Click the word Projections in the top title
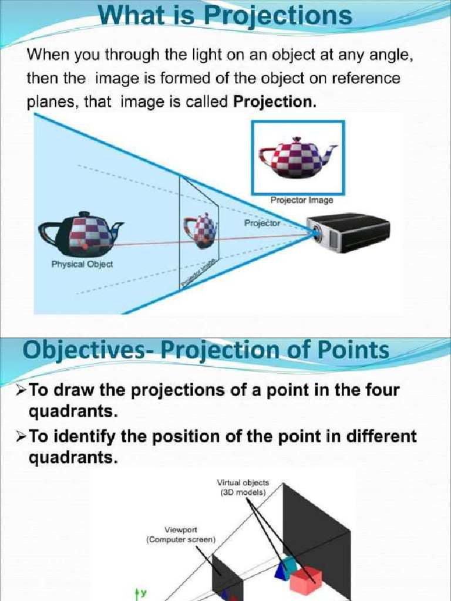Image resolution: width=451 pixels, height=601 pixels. (278, 16)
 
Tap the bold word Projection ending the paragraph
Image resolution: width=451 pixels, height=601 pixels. (274, 102)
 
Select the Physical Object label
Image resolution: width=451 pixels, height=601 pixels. (82, 264)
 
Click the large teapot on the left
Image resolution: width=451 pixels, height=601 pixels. (82, 233)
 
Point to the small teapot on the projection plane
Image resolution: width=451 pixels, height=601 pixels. (200, 229)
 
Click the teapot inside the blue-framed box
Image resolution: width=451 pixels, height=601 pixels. (297, 157)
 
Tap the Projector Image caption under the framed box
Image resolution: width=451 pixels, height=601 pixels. (302, 200)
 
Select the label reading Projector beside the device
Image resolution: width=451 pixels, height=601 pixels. (262, 224)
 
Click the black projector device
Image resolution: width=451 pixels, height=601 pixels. (349, 232)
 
